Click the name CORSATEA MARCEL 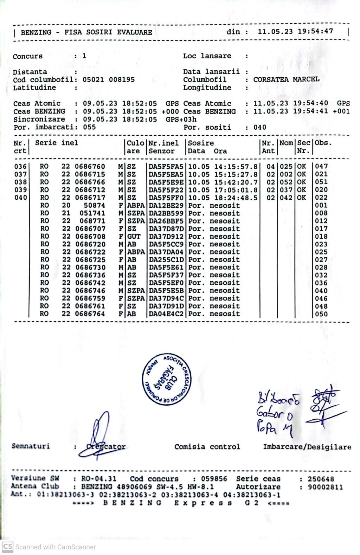click(286, 79)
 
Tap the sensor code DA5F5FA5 click(166, 166)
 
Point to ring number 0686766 click(90, 182)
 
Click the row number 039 click(20, 190)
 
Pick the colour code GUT click(134, 237)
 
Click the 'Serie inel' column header click(56, 143)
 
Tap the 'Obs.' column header click(323, 143)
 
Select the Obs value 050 click(321, 314)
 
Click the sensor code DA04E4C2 click(166, 314)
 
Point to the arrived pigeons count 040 click(260, 127)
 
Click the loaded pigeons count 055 click(89, 127)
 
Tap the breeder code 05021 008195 click(108, 79)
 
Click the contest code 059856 click(214, 479)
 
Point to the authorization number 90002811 click(325, 487)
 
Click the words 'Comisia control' click(207, 447)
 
